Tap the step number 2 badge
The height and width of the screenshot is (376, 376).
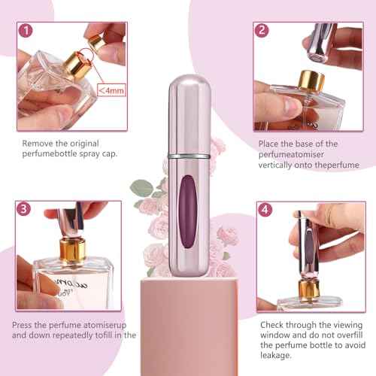[x=262, y=31]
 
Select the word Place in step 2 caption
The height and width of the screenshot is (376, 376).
[x=268, y=143]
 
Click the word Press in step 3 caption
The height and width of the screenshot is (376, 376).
[x=23, y=325]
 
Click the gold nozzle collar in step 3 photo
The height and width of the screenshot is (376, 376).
[x=74, y=249]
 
